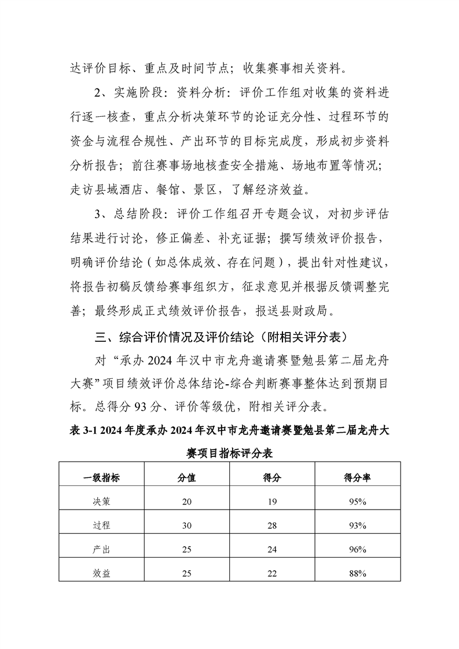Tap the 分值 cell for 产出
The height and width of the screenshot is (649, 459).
pyautogui.click(x=186, y=550)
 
